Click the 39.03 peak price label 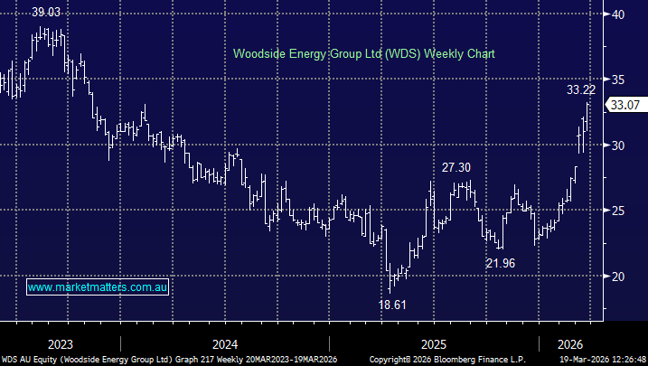(x=48, y=13)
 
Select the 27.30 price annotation (x=456, y=167)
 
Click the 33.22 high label (x=581, y=89)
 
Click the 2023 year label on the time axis (x=60, y=344)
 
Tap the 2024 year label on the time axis (x=225, y=344)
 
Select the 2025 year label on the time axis (x=434, y=344)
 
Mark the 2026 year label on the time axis (x=570, y=344)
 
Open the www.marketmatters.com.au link (x=98, y=287)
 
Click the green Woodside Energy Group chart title (x=364, y=54)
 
